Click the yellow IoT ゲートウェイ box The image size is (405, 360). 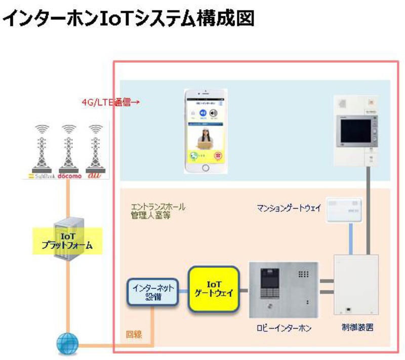(213, 288)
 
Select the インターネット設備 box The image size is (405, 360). (152, 292)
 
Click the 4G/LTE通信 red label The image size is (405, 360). (110, 102)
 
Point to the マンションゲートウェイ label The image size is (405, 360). (288, 207)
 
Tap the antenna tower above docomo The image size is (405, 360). (69, 147)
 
